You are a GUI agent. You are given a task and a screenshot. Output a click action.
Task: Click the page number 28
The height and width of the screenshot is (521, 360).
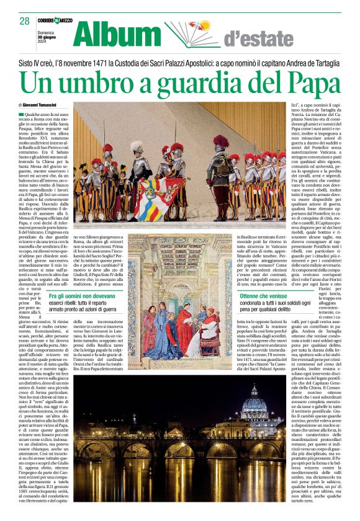[24, 20]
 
